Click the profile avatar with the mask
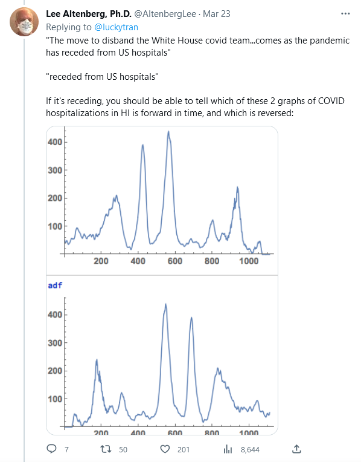coord(24,22)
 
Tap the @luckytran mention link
coord(116,27)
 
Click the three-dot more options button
coord(345,13)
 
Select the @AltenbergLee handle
coord(165,14)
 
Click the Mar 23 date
coord(217,14)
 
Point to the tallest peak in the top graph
coord(168,131)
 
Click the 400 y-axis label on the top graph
coord(55,142)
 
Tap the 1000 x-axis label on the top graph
coord(249,261)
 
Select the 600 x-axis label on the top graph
coord(174,261)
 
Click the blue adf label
coord(55,285)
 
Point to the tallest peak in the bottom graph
coord(165,304)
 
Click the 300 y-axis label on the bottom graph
coord(55,343)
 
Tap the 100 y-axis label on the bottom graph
coord(55,399)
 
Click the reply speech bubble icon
coord(52,449)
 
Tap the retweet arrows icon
coord(106,449)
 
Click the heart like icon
coord(165,449)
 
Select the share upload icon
coord(296,449)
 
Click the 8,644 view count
coord(250,450)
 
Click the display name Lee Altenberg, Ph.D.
coord(89,14)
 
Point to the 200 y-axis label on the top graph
coord(55,198)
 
